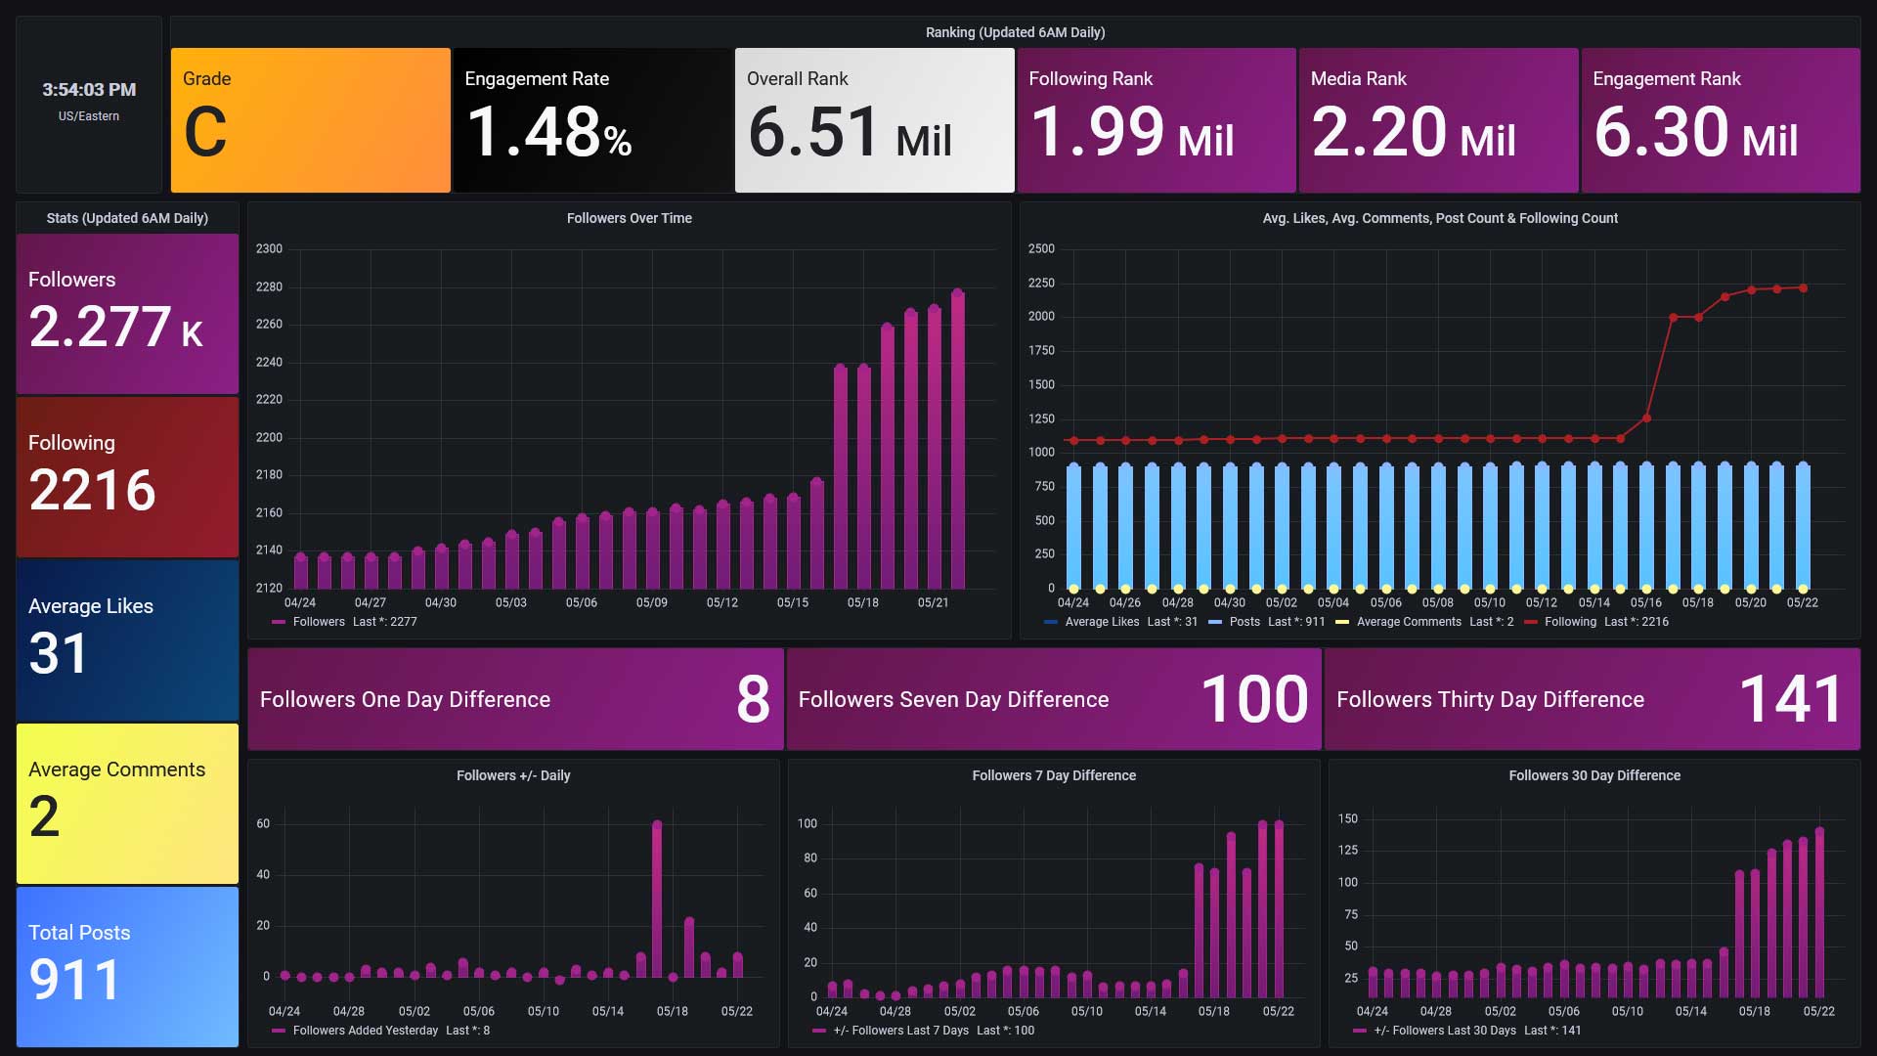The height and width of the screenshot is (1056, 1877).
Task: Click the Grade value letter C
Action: pyautogui.click(x=205, y=133)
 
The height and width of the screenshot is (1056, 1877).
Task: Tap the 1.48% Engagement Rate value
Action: pyautogui.click(x=548, y=133)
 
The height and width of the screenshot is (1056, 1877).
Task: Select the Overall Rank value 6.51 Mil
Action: pyautogui.click(x=849, y=133)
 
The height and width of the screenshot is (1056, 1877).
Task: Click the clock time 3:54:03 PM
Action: pyautogui.click(x=89, y=90)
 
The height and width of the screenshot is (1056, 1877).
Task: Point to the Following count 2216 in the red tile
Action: pyautogui.click(x=92, y=490)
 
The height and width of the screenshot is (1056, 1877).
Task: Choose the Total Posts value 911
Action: pyautogui.click(x=74, y=980)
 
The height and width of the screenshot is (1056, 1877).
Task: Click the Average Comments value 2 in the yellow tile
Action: pyautogui.click(x=44, y=816)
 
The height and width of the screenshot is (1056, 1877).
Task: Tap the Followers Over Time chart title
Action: pyautogui.click(x=629, y=218)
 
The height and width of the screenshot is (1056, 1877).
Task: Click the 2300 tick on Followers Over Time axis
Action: pyautogui.click(x=269, y=249)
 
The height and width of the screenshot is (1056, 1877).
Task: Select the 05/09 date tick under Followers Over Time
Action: pyautogui.click(x=651, y=602)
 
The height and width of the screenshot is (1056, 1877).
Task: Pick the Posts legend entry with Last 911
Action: pyautogui.click(x=1267, y=622)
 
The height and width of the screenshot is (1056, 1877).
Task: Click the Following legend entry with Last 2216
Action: pyautogui.click(x=1596, y=622)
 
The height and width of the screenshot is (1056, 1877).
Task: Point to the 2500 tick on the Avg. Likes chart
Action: pyautogui.click(x=1041, y=249)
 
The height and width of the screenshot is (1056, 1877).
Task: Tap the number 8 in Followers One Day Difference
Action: pyautogui.click(x=753, y=699)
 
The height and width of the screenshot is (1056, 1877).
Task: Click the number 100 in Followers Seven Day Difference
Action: pyautogui.click(x=1254, y=699)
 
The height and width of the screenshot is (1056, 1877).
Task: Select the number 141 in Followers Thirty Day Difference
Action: pyautogui.click(x=1791, y=699)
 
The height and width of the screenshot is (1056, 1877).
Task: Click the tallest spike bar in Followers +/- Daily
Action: pyautogui.click(x=657, y=900)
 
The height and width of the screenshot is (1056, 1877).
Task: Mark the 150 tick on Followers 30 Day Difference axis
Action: pyautogui.click(x=1348, y=819)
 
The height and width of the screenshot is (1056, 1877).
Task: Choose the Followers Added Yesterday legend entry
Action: pyautogui.click(x=381, y=1031)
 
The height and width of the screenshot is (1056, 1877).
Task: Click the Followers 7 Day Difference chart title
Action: pyautogui.click(x=1054, y=775)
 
